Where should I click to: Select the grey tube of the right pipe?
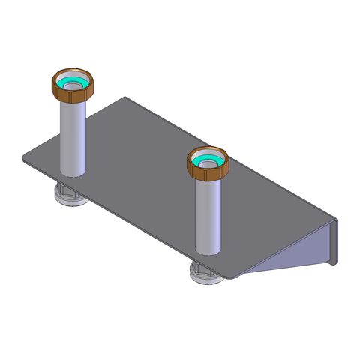[x=207, y=214]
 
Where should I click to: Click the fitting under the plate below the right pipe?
[x=206, y=274]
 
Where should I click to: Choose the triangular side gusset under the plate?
[x=300, y=251]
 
